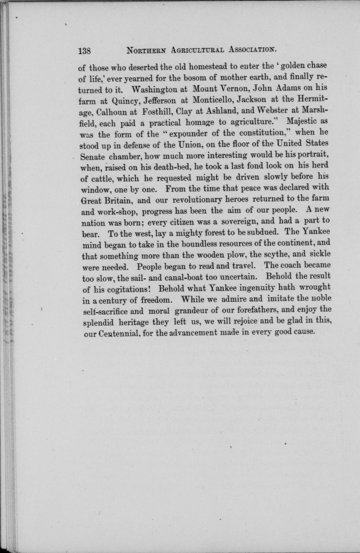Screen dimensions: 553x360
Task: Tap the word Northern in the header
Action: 146,51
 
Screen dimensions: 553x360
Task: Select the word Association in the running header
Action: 253,50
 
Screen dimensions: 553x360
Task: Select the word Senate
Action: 92,154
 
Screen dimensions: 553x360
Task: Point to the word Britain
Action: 119,199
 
